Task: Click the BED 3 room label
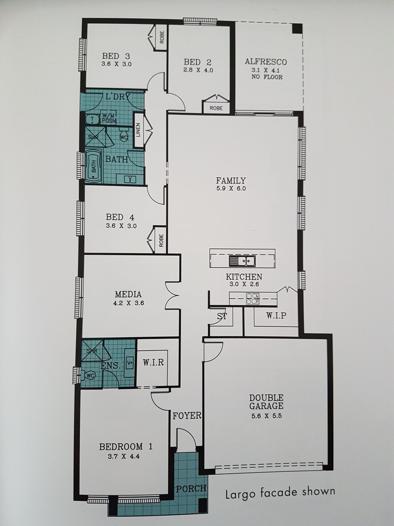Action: tap(116, 56)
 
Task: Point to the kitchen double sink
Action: tap(242, 261)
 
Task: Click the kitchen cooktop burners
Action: tap(253, 299)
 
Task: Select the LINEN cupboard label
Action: tap(138, 130)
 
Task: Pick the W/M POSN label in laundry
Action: tap(109, 118)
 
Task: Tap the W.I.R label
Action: tap(153, 363)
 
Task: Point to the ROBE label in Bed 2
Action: tap(216, 108)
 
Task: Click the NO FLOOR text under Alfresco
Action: tap(267, 77)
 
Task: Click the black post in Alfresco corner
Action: tap(297, 29)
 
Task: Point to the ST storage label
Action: tap(222, 316)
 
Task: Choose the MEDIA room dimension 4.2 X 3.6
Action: tap(128, 303)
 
